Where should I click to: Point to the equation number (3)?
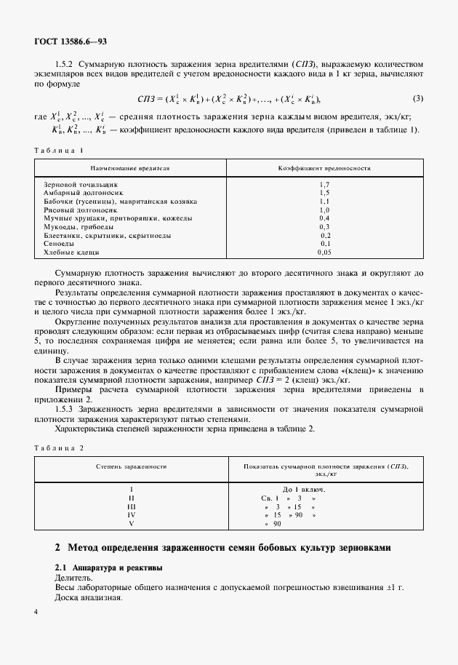tap(418, 98)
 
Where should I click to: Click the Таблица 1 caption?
tap(59, 150)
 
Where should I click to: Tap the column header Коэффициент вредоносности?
tap(324, 168)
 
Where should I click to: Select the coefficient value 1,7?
tap(324, 185)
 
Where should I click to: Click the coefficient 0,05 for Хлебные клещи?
tap(324, 252)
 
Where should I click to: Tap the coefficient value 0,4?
tap(324, 218)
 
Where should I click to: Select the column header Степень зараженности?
tap(132, 466)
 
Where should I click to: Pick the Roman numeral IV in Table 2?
tap(132, 514)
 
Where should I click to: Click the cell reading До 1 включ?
tap(303, 490)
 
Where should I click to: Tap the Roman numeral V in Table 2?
tap(132, 523)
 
